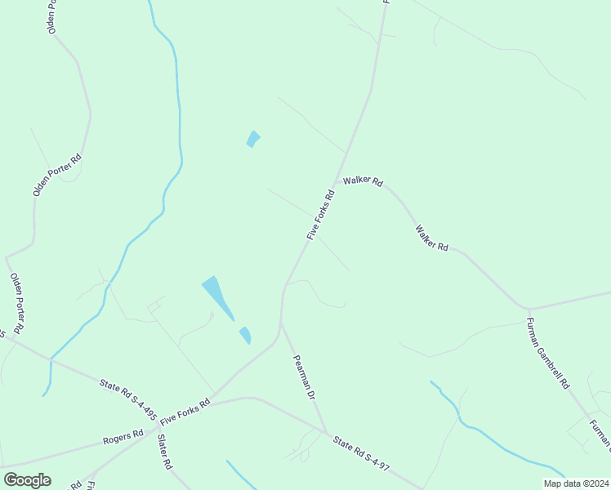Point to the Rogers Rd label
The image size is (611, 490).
pyautogui.click(x=123, y=439)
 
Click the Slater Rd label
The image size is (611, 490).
pyautogui.click(x=163, y=452)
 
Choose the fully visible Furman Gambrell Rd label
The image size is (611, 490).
pyautogui.click(x=548, y=353)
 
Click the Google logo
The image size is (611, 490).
pyautogui.click(x=27, y=480)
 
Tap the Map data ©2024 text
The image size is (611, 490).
pyautogui.click(x=575, y=483)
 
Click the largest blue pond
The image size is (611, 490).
pyautogui.click(x=216, y=294)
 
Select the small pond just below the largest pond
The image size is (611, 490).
pyautogui.click(x=245, y=335)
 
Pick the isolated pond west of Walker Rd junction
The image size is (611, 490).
pyautogui.click(x=253, y=139)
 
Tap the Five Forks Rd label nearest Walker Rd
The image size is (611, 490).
pyautogui.click(x=321, y=215)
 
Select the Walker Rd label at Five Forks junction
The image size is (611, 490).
pyautogui.click(x=363, y=181)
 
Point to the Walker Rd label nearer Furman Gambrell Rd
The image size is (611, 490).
pyautogui.click(x=432, y=238)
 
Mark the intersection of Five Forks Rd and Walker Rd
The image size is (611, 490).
pyautogui.click(x=337, y=181)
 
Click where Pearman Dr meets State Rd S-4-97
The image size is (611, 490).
pyautogui.click(x=328, y=433)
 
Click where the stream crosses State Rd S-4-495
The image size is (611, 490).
pyautogui.click(x=51, y=359)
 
